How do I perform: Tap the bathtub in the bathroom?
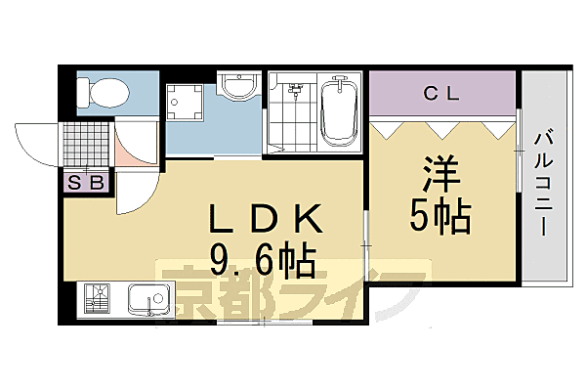pos(341,112)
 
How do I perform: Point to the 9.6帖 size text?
pos(261,259)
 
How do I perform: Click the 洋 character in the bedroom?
pos(440,176)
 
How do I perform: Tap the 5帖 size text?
pos(440,217)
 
